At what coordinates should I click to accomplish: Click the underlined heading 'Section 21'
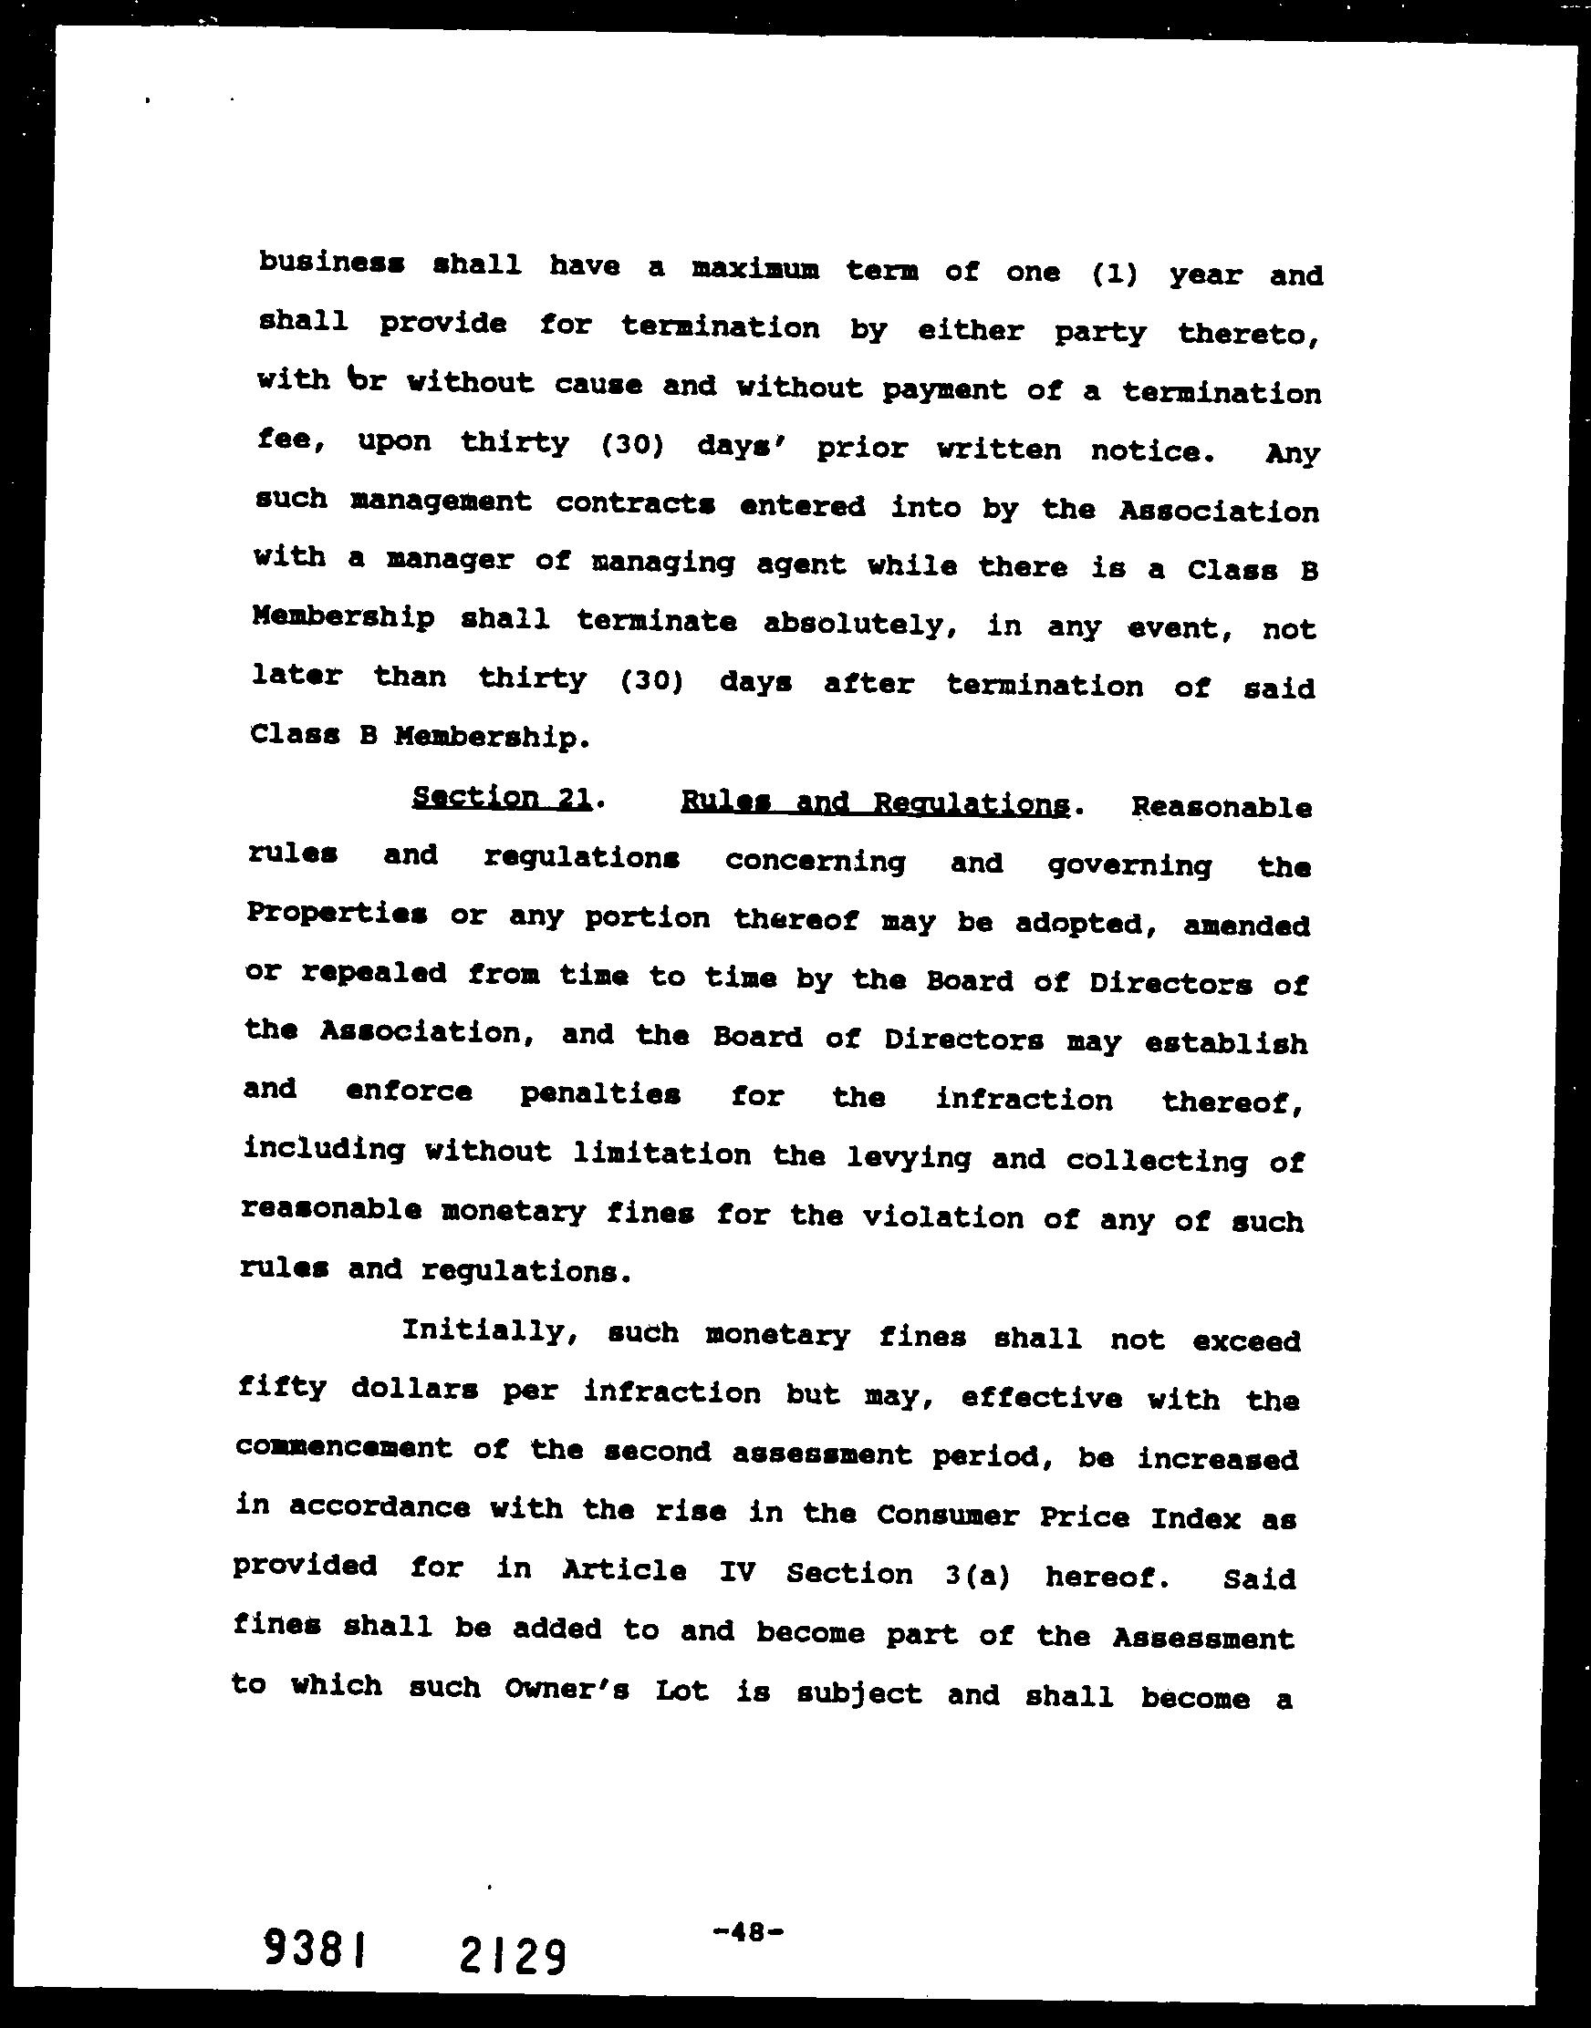[x=501, y=798]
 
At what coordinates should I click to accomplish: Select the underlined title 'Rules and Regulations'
[x=875, y=803]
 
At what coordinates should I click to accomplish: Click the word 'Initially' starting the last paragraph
[x=482, y=1330]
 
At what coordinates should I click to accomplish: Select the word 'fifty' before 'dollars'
[x=281, y=1387]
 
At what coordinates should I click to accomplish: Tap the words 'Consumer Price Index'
[x=1058, y=1516]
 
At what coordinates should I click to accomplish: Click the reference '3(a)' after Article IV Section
[x=975, y=1575]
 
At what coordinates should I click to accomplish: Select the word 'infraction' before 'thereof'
[x=1024, y=1100]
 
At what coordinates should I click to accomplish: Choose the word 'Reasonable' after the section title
[x=1222, y=807]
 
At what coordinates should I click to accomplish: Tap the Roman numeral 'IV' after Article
[x=736, y=1573]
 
